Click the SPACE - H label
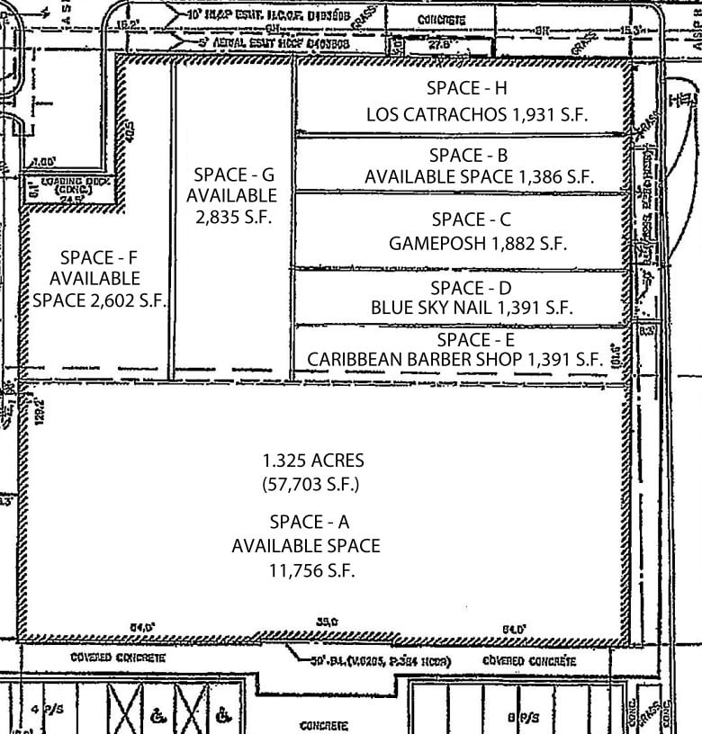click(467, 88)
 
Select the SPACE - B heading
click(468, 155)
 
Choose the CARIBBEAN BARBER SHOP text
click(416, 359)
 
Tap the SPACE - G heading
click(232, 175)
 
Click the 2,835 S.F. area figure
click(232, 217)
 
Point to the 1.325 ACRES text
click(313, 461)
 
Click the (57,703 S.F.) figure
click(313, 483)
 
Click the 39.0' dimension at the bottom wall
click(326, 621)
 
